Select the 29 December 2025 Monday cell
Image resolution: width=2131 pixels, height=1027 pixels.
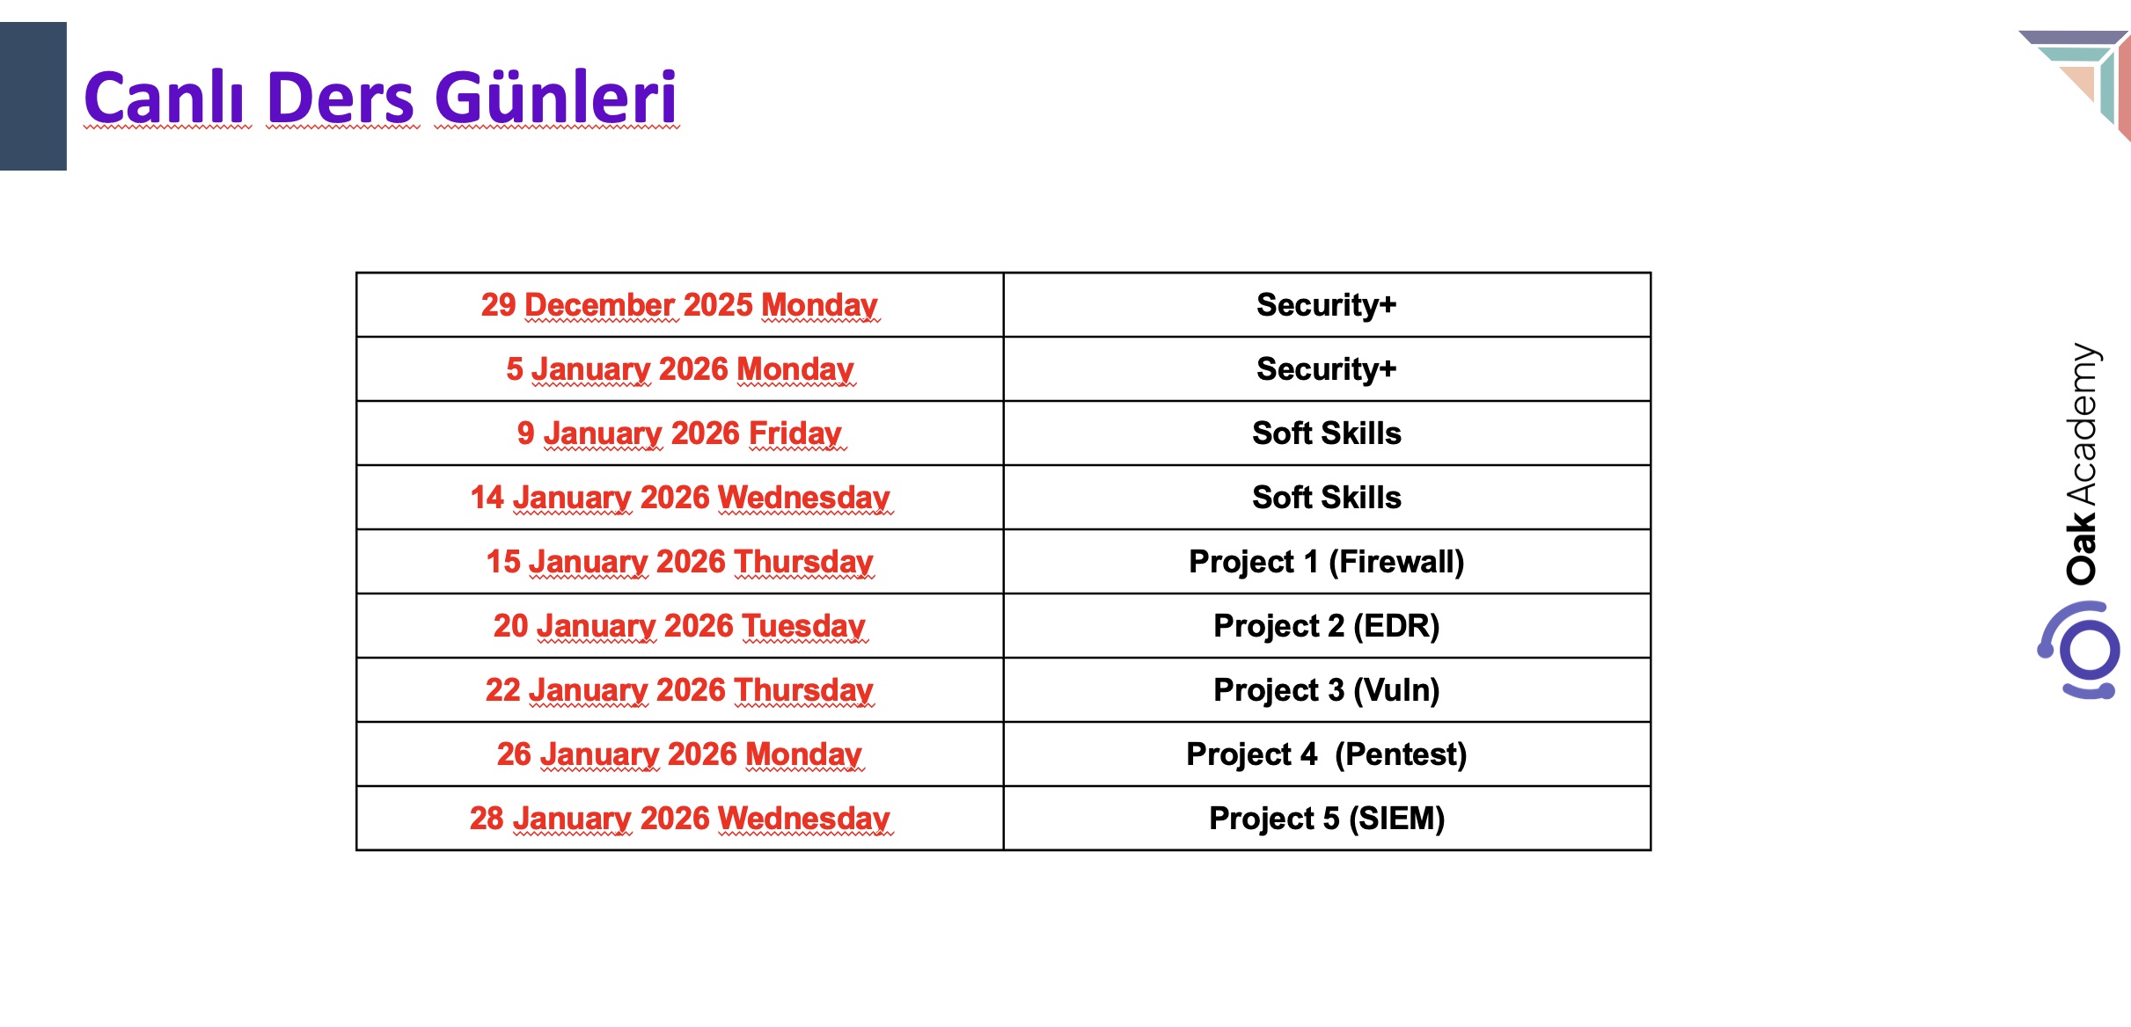click(679, 305)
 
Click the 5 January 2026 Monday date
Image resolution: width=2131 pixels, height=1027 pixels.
click(679, 369)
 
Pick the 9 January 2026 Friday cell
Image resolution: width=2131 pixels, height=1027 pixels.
click(679, 433)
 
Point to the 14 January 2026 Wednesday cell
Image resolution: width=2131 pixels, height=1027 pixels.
click(679, 498)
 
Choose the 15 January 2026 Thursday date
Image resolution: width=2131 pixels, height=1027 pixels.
click(679, 562)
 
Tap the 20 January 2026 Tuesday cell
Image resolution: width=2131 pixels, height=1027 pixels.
click(679, 626)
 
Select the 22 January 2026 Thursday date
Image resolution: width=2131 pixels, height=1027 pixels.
click(679, 690)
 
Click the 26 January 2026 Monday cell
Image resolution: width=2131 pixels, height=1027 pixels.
click(679, 754)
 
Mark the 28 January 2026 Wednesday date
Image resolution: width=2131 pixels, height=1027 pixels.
click(679, 819)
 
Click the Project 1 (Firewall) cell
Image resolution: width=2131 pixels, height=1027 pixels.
click(1327, 562)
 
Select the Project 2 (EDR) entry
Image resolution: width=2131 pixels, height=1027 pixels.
click(1327, 626)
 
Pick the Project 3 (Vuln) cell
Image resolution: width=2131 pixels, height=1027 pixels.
click(1327, 690)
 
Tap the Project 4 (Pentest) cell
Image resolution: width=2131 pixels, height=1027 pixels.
click(1327, 754)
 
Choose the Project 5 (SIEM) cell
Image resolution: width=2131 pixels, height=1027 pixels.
click(1327, 819)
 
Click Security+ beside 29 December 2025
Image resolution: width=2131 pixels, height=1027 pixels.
click(1327, 305)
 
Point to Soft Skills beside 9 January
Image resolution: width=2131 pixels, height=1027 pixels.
click(1327, 433)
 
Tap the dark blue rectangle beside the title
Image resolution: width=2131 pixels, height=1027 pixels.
click(33, 96)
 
